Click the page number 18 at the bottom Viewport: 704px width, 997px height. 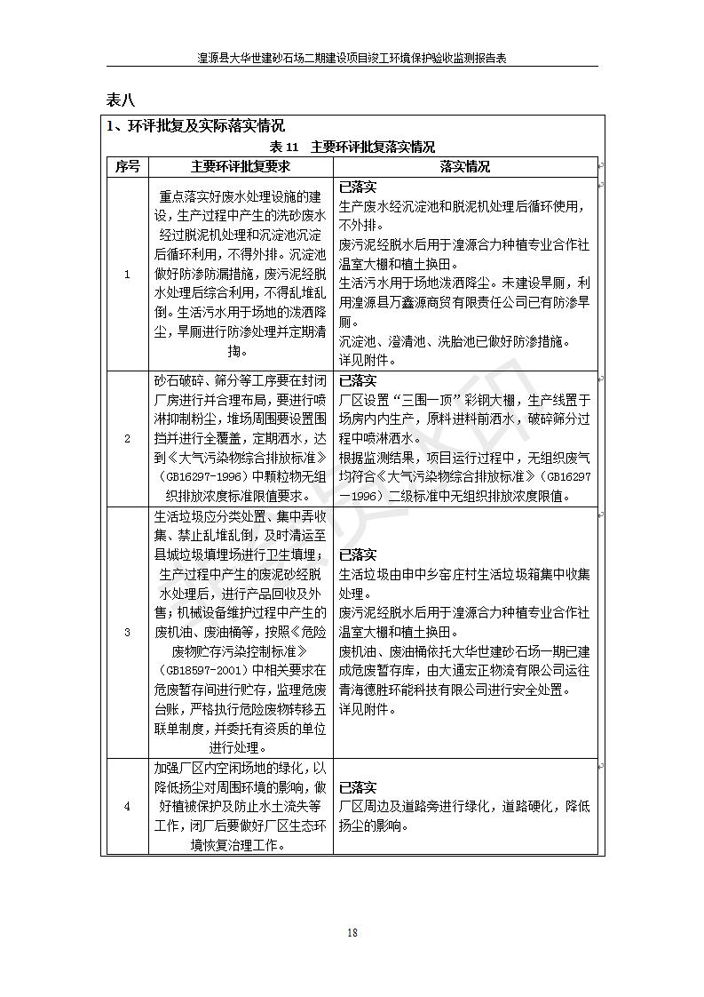(x=352, y=932)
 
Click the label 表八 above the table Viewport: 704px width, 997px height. (x=121, y=98)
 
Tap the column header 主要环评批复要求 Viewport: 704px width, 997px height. (x=241, y=166)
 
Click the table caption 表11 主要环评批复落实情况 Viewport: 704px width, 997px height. (x=352, y=147)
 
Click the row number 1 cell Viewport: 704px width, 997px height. (x=127, y=274)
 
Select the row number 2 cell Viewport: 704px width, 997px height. (x=127, y=438)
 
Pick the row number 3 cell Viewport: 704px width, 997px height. (x=127, y=632)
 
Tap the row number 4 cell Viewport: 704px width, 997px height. (x=127, y=806)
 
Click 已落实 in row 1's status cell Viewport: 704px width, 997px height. (x=358, y=187)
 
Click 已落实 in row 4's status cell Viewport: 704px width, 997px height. (x=358, y=787)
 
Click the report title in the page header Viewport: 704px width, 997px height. (x=352, y=59)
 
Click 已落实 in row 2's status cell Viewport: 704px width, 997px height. (x=358, y=380)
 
